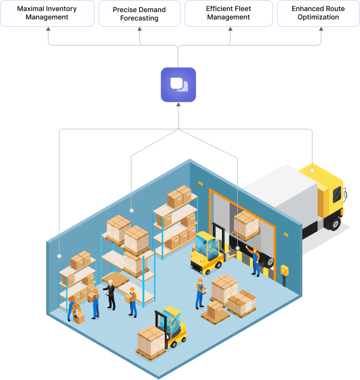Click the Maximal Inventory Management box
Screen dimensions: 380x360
pyautogui.click(x=47, y=13)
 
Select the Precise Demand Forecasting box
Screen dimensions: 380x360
pyautogui.click(x=139, y=13)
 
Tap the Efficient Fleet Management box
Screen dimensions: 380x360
pyautogui.click(x=228, y=13)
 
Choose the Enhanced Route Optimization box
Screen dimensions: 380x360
pyautogui.click(x=319, y=13)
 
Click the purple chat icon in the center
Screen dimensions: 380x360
pyautogui.click(x=178, y=85)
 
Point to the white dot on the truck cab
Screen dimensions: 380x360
pyautogui.click(x=312, y=171)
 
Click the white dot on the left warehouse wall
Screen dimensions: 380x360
pyautogui.click(x=59, y=256)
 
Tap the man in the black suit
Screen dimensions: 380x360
pyautogui.click(x=111, y=294)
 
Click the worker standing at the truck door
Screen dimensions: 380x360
pyautogui.click(x=256, y=261)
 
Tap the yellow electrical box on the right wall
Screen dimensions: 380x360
pyautogui.click(x=284, y=270)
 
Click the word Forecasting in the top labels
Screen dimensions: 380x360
pyautogui.click(x=139, y=18)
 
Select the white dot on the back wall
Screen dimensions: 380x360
pyautogui.click(x=131, y=210)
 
